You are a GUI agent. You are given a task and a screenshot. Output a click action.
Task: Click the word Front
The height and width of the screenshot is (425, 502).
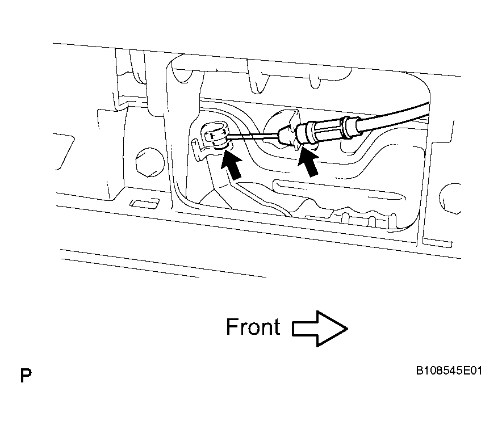(x=253, y=327)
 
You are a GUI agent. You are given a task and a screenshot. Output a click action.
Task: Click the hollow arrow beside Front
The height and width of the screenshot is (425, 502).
(x=320, y=329)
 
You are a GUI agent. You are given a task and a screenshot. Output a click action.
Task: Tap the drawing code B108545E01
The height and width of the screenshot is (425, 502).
(x=449, y=371)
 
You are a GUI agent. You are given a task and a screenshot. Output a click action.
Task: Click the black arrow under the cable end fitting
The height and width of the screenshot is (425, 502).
(x=231, y=164)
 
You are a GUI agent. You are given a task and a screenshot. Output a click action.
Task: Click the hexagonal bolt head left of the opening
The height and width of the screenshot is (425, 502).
(x=149, y=162)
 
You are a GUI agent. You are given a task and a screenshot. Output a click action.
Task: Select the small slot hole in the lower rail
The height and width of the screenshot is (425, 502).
(x=144, y=203)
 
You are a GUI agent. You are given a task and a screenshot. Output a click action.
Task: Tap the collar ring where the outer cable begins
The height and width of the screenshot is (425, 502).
(x=348, y=127)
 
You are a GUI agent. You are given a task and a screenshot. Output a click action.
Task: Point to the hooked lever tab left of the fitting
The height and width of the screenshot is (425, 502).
(x=199, y=148)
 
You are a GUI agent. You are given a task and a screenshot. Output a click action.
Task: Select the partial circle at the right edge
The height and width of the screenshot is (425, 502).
(x=450, y=198)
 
